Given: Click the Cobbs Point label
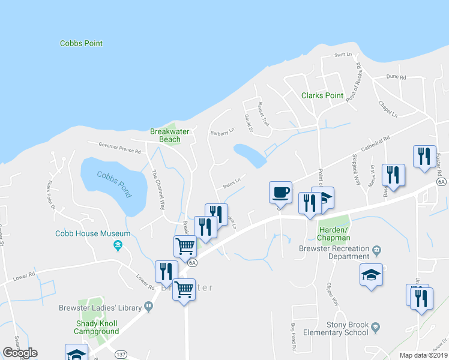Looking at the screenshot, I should pyautogui.click(x=81, y=43).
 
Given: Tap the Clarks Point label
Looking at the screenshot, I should pyautogui.click(x=322, y=95).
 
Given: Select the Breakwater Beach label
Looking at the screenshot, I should pyautogui.click(x=165, y=135).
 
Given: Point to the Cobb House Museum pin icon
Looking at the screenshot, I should pyautogui.click(x=118, y=245).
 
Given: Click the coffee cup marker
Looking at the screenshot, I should pyautogui.click(x=280, y=193).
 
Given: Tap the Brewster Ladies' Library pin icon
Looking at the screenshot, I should pyautogui.click(x=147, y=306).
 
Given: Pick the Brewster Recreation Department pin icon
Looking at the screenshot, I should pyautogui.click(x=376, y=249).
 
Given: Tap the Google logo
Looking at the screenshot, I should pyautogui.click(x=20, y=353).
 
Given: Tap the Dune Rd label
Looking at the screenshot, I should pyautogui.click(x=396, y=77).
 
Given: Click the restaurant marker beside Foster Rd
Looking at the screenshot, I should pyautogui.click(x=424, y=156).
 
